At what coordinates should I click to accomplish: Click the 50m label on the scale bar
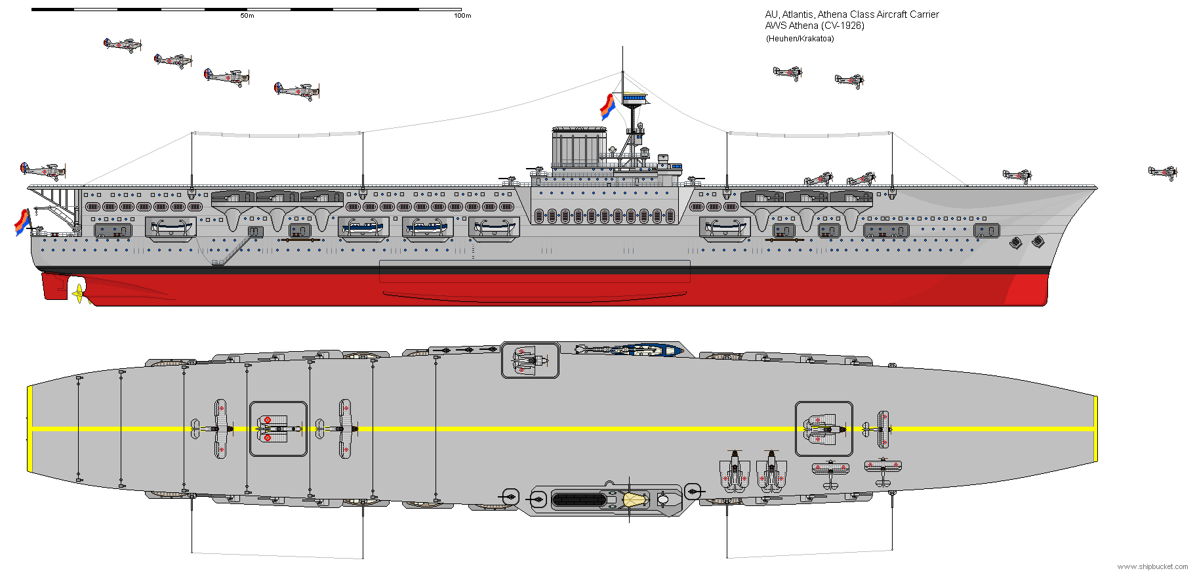tap(247, 16)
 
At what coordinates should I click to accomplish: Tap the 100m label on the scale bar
tap(462, 16)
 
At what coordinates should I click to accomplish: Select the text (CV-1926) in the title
tap(842, 26)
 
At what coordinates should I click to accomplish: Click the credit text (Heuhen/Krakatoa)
tap(800, 39)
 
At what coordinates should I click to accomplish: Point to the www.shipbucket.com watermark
tap(1152, 566)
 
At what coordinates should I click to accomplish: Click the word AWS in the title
tap(775, 26)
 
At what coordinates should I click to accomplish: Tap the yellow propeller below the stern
tap(79, 293)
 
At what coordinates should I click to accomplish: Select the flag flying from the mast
tap(607, 106)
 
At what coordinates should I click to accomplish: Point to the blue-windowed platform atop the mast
tap(634, 99)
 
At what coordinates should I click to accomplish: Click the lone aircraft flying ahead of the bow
tap(1162, 173)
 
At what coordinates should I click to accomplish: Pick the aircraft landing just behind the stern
tap(43, 171)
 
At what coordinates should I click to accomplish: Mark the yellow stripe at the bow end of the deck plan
tap(1095, 429)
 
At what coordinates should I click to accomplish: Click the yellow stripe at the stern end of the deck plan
tap(30, 429)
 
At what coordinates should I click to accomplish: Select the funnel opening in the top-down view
tap(579, 500)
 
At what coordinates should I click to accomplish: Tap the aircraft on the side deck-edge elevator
tap(530, 360)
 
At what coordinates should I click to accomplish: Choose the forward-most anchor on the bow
tap(1038, 242)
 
